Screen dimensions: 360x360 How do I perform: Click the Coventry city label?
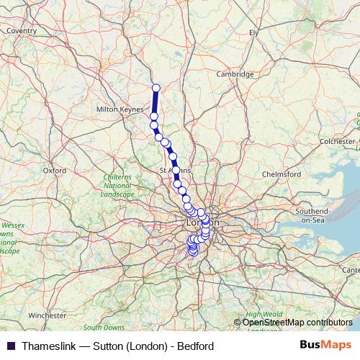22,31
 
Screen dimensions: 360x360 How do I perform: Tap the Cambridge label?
235,74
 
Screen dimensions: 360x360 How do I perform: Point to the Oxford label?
55,171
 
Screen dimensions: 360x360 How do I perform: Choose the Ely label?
253,32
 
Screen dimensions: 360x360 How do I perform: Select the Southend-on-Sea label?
311,215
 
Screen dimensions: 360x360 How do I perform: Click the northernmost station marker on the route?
156,88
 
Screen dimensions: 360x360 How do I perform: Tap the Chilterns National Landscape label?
117,186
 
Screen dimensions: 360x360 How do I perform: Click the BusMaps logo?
325,346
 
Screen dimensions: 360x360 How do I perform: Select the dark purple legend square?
10,346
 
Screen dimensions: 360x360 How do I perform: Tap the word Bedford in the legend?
195,346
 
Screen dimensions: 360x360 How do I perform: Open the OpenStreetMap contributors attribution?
297,323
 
